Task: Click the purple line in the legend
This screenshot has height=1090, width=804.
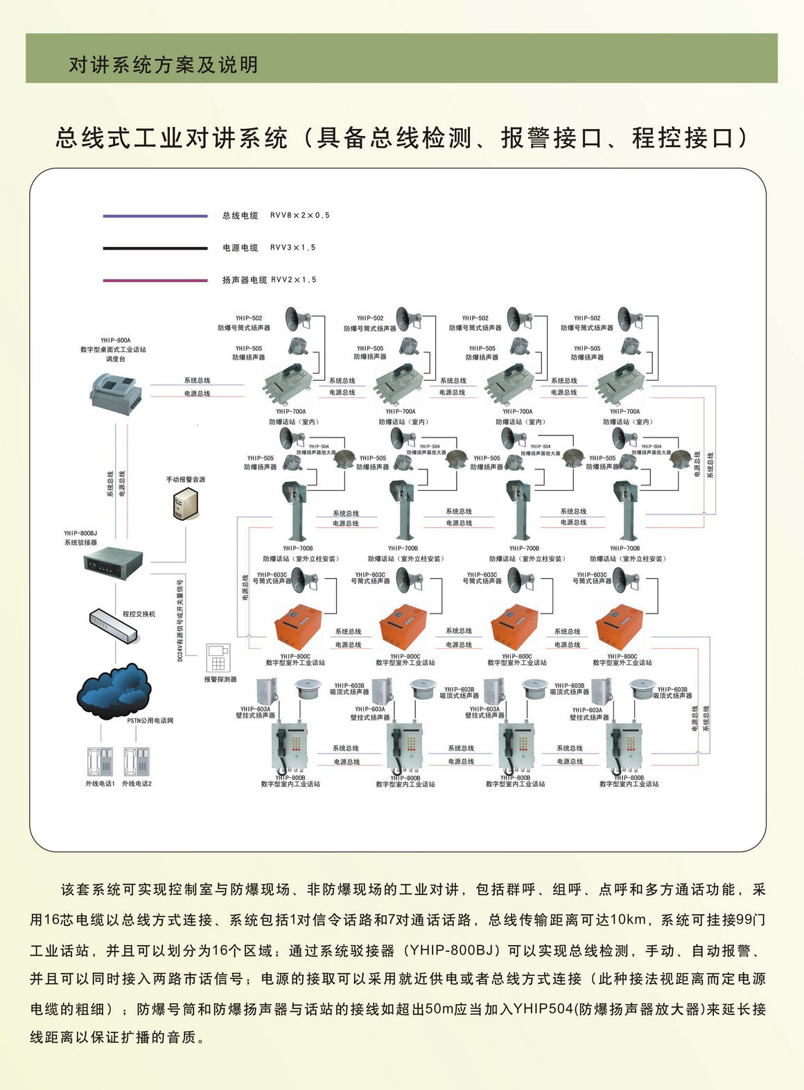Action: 155,216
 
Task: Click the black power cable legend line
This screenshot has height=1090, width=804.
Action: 155,248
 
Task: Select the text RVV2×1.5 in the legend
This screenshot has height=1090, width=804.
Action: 294,280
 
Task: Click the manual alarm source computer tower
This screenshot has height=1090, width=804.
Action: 185,503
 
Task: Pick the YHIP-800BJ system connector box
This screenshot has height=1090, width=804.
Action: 113,560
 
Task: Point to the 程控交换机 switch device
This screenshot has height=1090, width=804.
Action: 113,625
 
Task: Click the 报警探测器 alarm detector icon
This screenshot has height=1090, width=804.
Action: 218,659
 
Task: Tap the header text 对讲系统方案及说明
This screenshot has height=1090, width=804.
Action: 164,65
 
